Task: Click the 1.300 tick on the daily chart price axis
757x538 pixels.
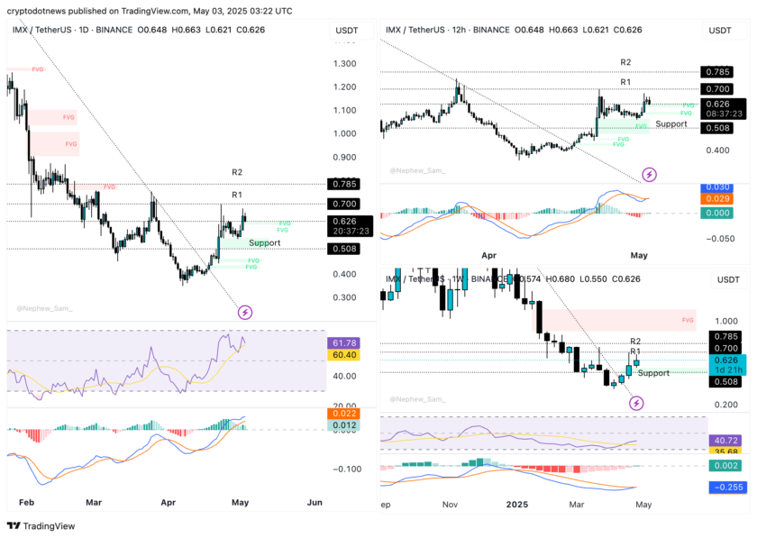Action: point(344,64)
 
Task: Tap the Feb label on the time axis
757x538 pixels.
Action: point(26,501)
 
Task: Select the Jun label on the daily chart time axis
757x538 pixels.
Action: point(314,501)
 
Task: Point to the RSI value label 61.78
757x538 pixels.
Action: point(345,342)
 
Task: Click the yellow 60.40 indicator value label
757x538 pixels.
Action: point(345,355)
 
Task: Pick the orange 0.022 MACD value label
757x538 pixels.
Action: point(345,414)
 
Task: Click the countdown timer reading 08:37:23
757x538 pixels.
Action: point(719,114)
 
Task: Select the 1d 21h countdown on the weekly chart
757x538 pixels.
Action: point(719,369)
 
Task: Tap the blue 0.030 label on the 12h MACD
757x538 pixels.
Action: point(719,187)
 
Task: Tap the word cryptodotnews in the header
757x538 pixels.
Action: point(36,11)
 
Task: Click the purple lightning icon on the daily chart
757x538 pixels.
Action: point(244,313)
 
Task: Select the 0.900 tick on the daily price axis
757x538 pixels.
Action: point(344,157)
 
